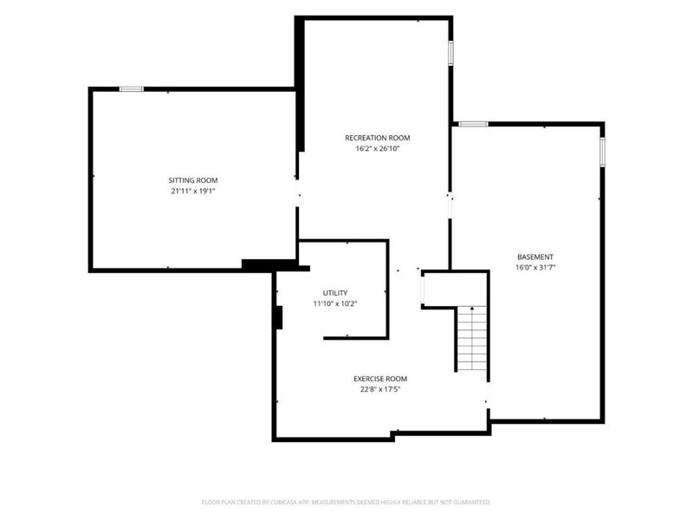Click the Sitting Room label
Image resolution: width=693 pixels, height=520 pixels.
pos(193,180)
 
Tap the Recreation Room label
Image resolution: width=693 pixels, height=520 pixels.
pos(378,138)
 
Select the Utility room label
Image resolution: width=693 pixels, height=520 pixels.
pos(335,293)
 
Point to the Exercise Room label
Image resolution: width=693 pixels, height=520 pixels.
pos(380,379)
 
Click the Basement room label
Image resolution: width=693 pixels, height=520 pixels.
pos(535,257)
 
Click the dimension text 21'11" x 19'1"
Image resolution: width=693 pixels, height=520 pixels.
pos(193,192)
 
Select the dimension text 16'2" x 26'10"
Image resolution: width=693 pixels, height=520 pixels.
pos(378,149)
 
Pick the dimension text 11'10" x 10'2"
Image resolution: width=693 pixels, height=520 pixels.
pos(335,304)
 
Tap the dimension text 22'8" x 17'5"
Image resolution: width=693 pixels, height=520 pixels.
pos(380,390)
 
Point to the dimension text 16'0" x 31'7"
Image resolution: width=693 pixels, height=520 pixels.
pos(535,268)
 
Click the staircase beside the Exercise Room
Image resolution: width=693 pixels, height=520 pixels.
pos(472,339)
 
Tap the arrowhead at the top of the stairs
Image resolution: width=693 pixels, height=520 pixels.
pos(472,308)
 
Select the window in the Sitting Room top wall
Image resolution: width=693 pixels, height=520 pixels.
pos(132,89)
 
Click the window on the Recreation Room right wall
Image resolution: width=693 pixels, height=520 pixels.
pos(450,53)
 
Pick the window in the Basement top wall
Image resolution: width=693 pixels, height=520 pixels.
pos(473,124)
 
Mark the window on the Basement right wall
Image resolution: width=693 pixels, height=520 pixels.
pos(602,153)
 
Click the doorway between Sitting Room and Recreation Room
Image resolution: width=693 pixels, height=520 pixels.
pos(298,193)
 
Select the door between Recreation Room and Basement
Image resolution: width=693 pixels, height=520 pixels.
pos(450,206)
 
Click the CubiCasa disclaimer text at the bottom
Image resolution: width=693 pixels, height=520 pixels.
pos(346,503)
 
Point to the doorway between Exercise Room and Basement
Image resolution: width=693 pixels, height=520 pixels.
pos(488,395)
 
